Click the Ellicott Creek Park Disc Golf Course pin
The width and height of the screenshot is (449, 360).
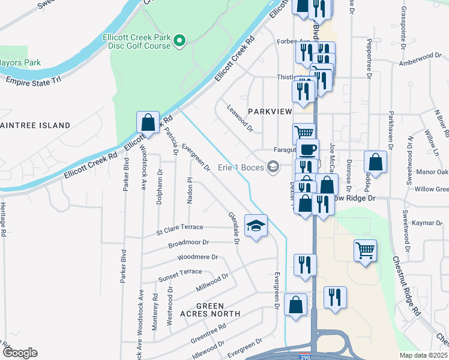click(x=179, y=41)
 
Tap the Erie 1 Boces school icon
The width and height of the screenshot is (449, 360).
click(x=273, y=167)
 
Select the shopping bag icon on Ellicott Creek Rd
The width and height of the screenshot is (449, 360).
click(x=148, y=122)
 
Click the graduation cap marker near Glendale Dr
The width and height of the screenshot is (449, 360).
click(x=256, y=226)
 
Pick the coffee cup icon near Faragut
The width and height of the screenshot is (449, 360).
click(x=308, y=149)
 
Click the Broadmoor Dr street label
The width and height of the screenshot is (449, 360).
click(x=188, y=243)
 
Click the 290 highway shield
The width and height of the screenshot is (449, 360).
click(x=306, y=356)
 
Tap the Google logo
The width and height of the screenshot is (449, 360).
click(x=20, y=353)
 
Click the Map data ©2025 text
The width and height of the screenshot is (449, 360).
click(x=423, y=355)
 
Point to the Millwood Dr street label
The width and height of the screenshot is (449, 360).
click(x=212, y=282)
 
